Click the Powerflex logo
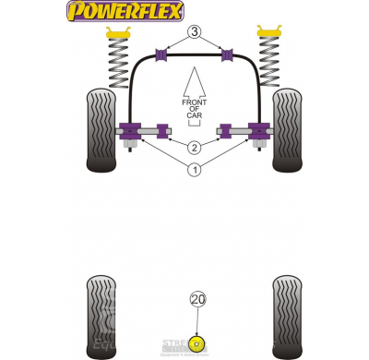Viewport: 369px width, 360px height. tap(125, 12)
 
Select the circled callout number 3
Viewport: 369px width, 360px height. tap(195, 32)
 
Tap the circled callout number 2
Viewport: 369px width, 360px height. tap(194, 148)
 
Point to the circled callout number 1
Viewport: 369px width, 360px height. tap(194, 169)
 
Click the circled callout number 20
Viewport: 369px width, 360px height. tap(197, 299)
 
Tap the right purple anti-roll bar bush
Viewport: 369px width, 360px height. tap(227, 54)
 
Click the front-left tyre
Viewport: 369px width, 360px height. tap(101, 130)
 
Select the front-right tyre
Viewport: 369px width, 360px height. tap(288, 130)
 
